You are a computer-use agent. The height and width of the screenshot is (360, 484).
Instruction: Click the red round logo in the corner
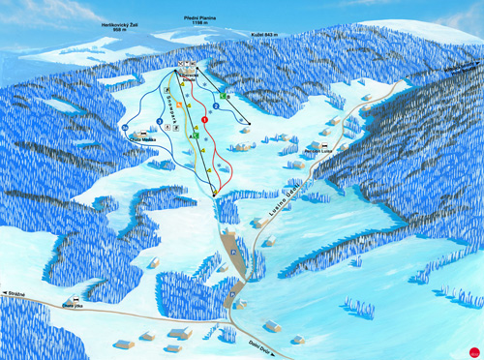473,350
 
